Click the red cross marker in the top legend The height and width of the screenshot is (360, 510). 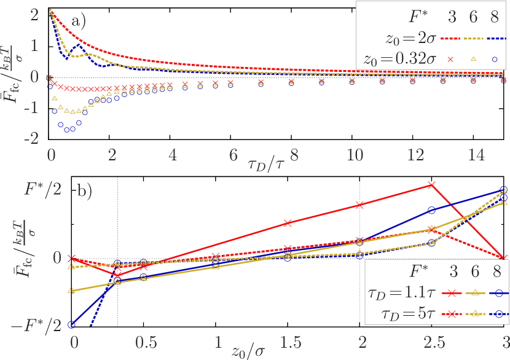[450, 59]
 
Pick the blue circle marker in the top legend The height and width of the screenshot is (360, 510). [495, 59]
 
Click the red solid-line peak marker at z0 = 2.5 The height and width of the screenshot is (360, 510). [432, 184]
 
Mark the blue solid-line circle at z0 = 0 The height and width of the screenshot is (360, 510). [72, 324]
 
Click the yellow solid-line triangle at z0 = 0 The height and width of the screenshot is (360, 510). [72, 290]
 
